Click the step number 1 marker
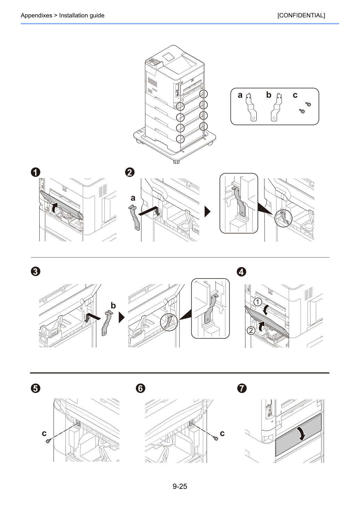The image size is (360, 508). click(35, 172)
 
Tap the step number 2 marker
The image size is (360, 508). click(130, 172)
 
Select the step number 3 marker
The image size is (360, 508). click(35, 272)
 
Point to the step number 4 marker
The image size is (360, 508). click(241, 272)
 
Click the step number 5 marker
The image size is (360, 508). click(35, 388)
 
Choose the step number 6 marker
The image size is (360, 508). click(141, 388)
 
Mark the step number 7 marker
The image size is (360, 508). click(242, 388)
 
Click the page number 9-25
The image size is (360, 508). click(180, 486)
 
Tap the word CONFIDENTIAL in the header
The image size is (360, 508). click(301, 15)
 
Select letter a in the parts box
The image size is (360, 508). click(240, 95)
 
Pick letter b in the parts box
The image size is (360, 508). click(269, 95)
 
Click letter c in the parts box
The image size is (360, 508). click(295, 95)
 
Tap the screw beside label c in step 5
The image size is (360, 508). click(48, 441)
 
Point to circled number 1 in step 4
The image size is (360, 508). click(258, 302)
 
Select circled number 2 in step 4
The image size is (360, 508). click(251, 330)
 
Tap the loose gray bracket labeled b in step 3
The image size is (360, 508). click(106, 323)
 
